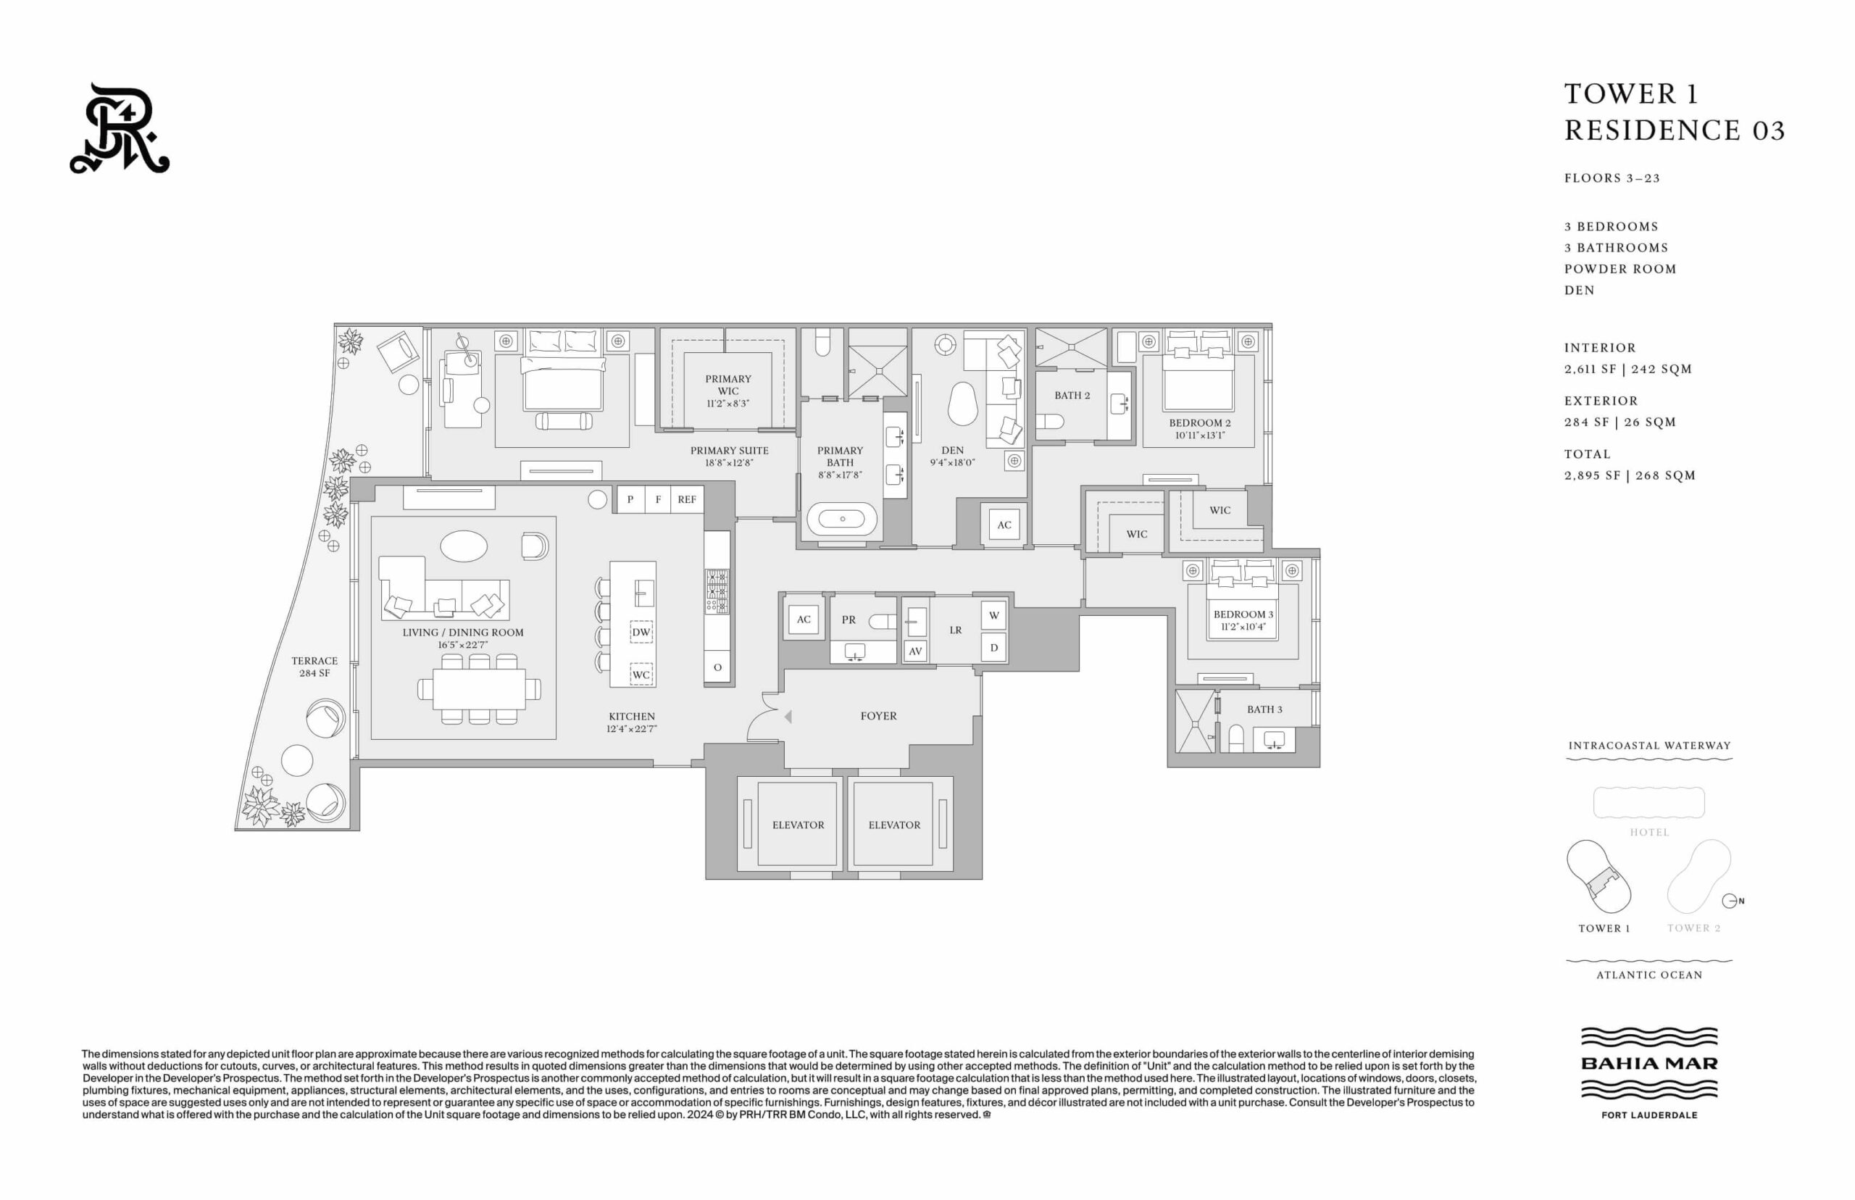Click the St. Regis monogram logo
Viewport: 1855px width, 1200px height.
point(120,128)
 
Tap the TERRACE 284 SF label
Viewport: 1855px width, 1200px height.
point(314,667)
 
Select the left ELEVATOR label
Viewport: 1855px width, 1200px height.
point(798,825)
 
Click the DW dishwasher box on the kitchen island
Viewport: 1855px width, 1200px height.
point(641,632)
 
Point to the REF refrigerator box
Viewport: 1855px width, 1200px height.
point(686,499)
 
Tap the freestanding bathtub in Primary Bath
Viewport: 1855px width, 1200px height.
point(841,519)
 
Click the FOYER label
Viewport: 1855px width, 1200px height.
point(878,716)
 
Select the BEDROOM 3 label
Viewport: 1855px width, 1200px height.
point(1243,614)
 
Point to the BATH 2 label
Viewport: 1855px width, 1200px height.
point(1072,396)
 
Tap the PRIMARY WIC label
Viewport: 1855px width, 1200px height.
point(728,385)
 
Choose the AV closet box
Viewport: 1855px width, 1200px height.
point(915,651)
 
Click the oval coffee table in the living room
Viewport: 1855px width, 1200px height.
point(464,546)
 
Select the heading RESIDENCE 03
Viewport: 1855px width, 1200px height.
point(1675,130)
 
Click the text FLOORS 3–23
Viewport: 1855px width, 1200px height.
point(1612,178)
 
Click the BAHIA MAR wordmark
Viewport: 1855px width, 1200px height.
point(1649,1064)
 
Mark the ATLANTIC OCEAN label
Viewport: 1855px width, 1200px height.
point(1649,975)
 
